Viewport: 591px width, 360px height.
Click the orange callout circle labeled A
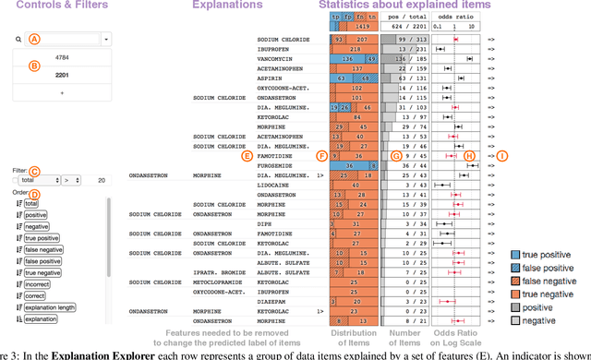pyautogui.click(x=34, y=40)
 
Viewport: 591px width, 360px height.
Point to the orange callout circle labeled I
pyautogui.click(x=501, y=156)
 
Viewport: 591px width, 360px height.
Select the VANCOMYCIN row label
pyautogui.click(x=276, y=60)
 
